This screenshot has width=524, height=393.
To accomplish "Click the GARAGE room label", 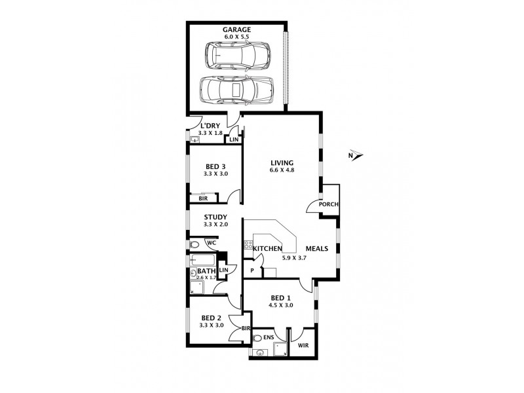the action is pos(236,29).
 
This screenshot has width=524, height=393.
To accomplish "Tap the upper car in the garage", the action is pos(238,56).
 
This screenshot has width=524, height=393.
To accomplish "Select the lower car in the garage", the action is pos(236,90).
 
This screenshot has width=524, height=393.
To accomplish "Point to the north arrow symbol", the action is pos(356,155).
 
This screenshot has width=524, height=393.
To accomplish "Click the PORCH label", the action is pos(329,204).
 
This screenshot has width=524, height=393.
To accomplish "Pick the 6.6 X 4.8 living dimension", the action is pos(282,170).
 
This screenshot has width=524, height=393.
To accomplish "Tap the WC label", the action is pos(212,243).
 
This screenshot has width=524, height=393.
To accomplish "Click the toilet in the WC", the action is pos(194,244).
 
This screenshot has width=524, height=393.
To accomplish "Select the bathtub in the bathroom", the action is pos(202,259).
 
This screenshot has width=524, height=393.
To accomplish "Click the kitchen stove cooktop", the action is pos(248,244).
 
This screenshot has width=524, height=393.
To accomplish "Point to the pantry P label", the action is pos(252,271).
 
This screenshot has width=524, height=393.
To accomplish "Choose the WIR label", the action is pos(303,345).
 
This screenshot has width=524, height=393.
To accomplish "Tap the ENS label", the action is pos(269,337).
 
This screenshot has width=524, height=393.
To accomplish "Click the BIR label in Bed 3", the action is pos(203,198).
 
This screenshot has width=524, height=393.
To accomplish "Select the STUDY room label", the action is pos(215,217).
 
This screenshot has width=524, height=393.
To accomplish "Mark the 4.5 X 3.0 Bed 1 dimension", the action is pos(281,305).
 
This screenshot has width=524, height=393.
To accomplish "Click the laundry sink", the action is pos(195,140).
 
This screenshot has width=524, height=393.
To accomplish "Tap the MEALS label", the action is pos(317,249).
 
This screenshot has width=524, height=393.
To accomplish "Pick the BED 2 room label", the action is pos(211,318).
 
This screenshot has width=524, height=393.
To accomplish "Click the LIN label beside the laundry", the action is pos(234,140).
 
